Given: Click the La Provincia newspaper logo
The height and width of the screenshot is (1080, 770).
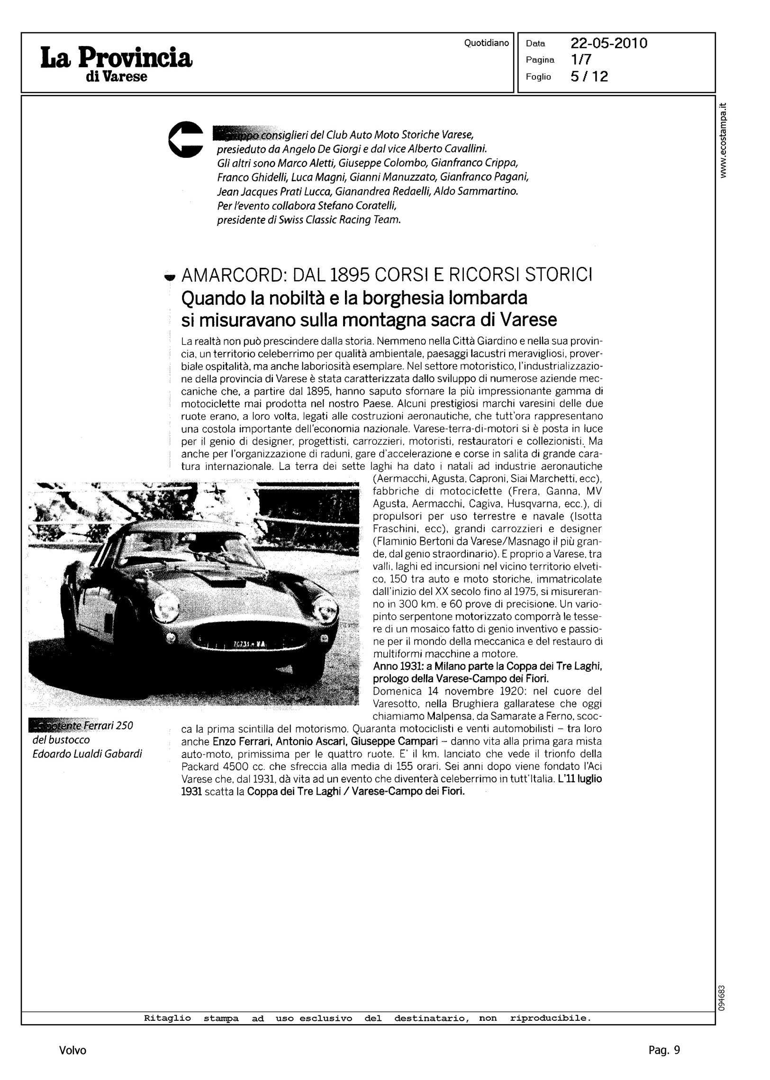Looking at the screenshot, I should (117, 63).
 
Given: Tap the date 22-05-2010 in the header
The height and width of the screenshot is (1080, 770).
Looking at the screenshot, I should (609, 44).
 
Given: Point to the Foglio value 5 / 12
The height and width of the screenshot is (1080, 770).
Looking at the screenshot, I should (589, 76).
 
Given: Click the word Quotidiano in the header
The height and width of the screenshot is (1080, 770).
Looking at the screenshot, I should (486, 43).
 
